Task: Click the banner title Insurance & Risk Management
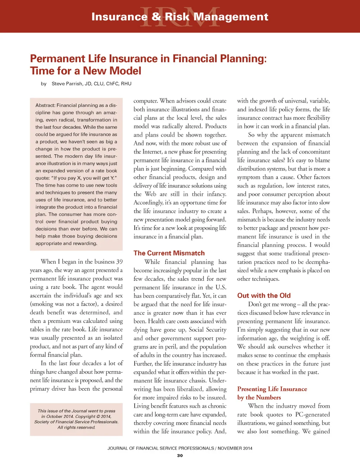[180, 17]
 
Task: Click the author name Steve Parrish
[67, 84]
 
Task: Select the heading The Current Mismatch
[169, 253]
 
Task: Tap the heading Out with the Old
[264, 296]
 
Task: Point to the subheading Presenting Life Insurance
[272, 389]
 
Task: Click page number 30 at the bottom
[180, 455]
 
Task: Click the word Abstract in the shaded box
[45, 105]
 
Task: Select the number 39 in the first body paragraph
[119, 262]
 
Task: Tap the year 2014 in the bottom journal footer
[245, 448]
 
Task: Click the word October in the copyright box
[54, 416]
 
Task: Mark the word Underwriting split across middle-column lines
[218, 381]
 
